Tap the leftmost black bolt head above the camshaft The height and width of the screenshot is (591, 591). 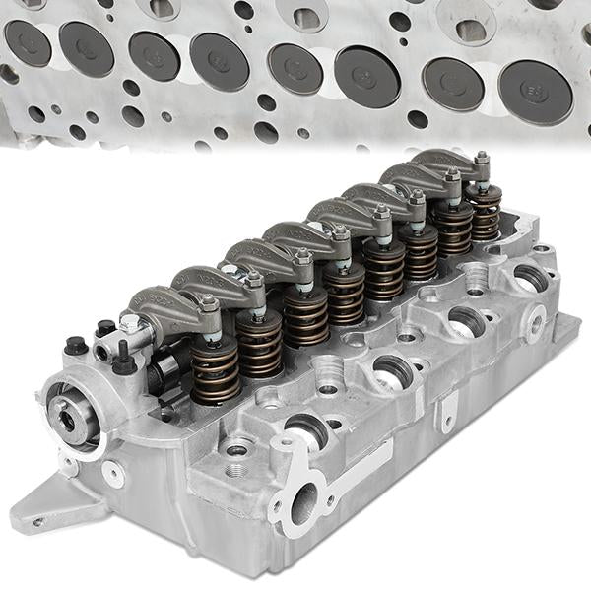(75, 346)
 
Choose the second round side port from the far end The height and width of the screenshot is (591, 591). (465, 319)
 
